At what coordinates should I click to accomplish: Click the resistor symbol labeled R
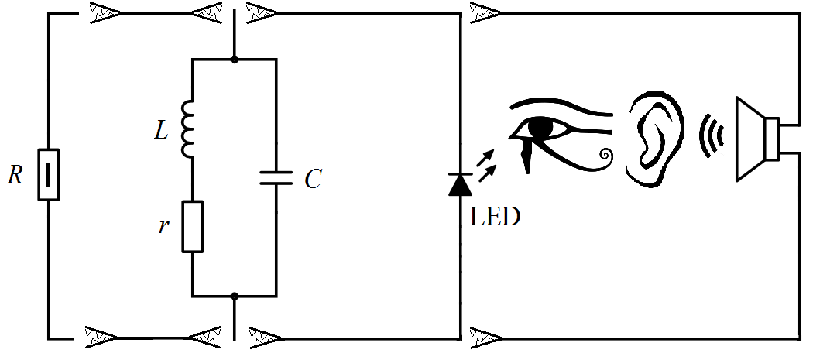tap(48, 174)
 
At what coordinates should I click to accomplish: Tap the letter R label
tap(15, 176)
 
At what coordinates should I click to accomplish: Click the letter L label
tap(160, 131)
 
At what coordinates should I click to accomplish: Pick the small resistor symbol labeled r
tap(192, 226)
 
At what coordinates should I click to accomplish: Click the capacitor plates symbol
tap(275, 178)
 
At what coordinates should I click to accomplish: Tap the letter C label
tap(312, 180)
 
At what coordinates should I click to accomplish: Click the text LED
tap(495, 217)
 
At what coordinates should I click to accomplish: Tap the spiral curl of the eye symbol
tap(604, 157)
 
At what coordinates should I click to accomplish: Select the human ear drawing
tap(655, 139)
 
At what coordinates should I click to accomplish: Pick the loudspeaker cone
tap(749, 139)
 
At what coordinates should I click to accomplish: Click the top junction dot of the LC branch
tap(234, 59)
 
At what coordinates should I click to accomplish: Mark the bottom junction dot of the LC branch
tap(234, 296)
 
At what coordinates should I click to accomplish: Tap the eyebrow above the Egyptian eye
tap(561, 107)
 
